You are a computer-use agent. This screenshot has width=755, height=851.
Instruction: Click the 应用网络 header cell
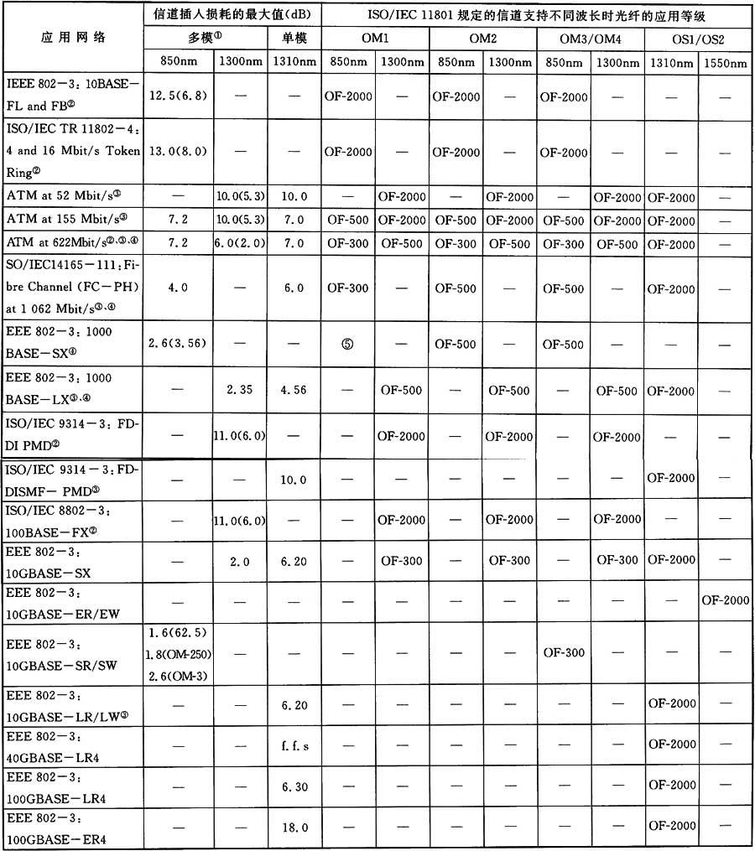[74, 39]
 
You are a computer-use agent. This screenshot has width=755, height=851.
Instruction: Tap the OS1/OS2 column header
[697, 39]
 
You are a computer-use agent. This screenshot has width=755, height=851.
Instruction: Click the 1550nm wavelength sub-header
[724, 62]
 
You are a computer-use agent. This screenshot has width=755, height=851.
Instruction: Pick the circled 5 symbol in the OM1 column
[347, 344]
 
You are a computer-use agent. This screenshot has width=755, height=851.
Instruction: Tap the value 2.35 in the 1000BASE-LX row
[241, 390]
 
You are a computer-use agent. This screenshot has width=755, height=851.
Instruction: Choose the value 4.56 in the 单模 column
[294, 390]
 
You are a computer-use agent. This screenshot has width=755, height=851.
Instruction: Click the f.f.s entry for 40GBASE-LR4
[294, 745]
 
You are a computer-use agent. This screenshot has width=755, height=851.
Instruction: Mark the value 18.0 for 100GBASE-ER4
[294, 827]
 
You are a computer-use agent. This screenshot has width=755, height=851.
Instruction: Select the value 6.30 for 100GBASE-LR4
[294, 786]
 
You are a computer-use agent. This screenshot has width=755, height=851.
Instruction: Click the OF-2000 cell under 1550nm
[724, 600]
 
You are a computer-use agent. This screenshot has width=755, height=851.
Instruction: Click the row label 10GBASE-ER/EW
[63, 602]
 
